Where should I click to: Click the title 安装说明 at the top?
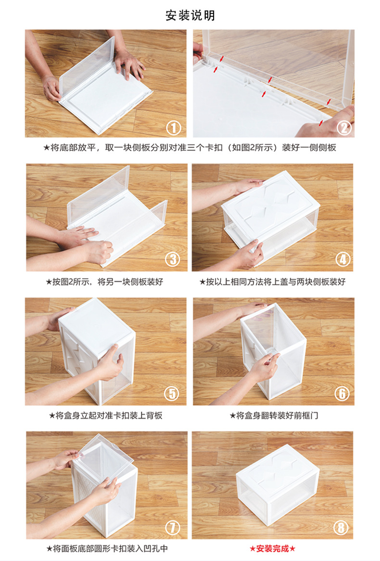coord(190,15)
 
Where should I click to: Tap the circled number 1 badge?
coord(174,127)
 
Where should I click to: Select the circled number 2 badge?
coord(344,127)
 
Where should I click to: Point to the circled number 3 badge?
coord(173,259)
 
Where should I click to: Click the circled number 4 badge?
coord(343,259)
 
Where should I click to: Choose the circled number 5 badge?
coord(171,393)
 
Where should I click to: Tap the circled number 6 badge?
coord(342,393)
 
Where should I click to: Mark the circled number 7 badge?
coord(173,527)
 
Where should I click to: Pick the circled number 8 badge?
coord(341,527)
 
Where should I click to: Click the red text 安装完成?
coord(273,548)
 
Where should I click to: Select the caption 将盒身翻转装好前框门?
coord(274,415)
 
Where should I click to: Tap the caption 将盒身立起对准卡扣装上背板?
coord(106,415)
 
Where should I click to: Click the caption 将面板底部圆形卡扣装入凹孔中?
coord(107,548)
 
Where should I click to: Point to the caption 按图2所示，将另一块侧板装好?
coord(104,282)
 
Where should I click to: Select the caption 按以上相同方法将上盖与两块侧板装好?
coord(273,282)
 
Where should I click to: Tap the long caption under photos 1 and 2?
coord(190,147)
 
